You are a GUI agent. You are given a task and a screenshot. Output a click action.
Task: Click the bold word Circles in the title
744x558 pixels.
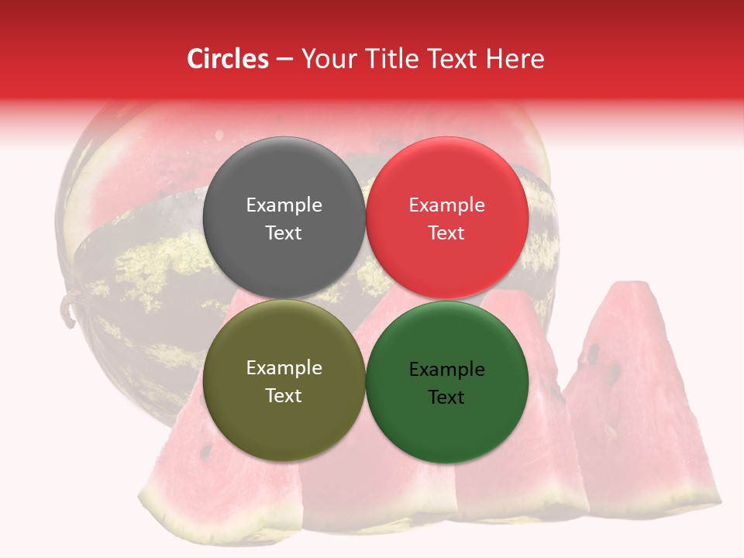point(227,59)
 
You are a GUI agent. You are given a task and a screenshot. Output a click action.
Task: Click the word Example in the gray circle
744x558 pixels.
point(284,205)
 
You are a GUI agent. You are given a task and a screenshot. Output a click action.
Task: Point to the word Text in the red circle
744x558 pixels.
point(446,232)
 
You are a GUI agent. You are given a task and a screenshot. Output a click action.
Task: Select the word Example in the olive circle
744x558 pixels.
point(284,367)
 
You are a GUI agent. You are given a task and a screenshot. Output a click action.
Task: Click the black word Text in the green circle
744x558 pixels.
point(446,397)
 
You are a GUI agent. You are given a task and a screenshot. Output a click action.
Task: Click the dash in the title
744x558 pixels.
point(284,59)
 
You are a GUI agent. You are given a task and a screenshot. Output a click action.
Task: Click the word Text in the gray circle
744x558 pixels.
point(284,232)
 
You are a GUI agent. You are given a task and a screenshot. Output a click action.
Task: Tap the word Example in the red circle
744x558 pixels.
point(446,205)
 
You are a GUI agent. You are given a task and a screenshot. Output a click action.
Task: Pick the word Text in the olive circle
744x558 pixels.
point(284,395)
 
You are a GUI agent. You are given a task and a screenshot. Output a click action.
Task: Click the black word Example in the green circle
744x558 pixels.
point(446,369)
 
